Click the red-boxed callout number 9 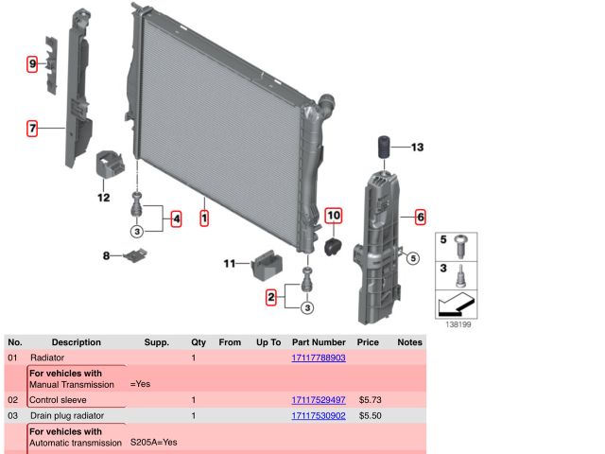(32, 63)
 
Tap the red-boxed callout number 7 (32, 129)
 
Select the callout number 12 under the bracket (103, 198)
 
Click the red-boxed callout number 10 (334, 216)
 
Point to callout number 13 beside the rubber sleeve (418, 148)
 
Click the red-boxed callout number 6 (421, 217)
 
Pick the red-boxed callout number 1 (204, 218)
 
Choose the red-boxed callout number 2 (271, 297)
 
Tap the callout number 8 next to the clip (106, 255)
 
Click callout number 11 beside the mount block (229, 263)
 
